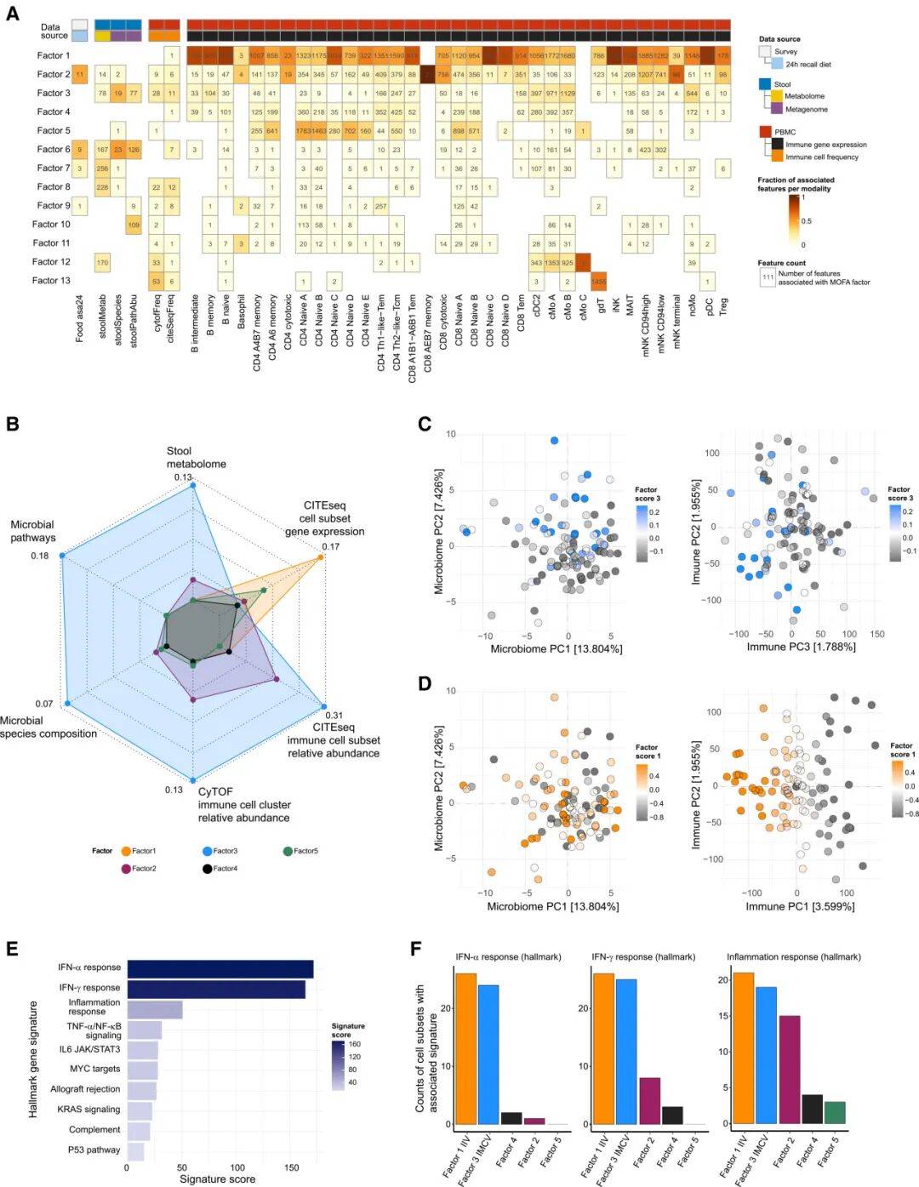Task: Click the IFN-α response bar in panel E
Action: click(x=220, y=969)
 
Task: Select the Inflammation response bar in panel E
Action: click(x=155, y=1010)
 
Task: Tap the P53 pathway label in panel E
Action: click(x=94, y=1150)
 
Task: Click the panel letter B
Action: click(x=12, y=423)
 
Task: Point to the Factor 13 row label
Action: click(x=51, y=281)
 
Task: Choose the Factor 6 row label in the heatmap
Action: click(x=54, y=150)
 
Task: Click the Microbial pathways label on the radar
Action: click(x=32, y=531)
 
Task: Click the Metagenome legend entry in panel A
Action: click(x=805, y=110)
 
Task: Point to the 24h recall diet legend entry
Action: click(x=808, y=64)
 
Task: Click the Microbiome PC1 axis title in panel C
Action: click(x=556, y=648)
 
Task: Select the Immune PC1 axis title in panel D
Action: click(x=800, y=906)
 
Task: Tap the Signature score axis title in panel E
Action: click(x=217, y=1178)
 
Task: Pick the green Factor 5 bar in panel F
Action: click(x=834, y=1114)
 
